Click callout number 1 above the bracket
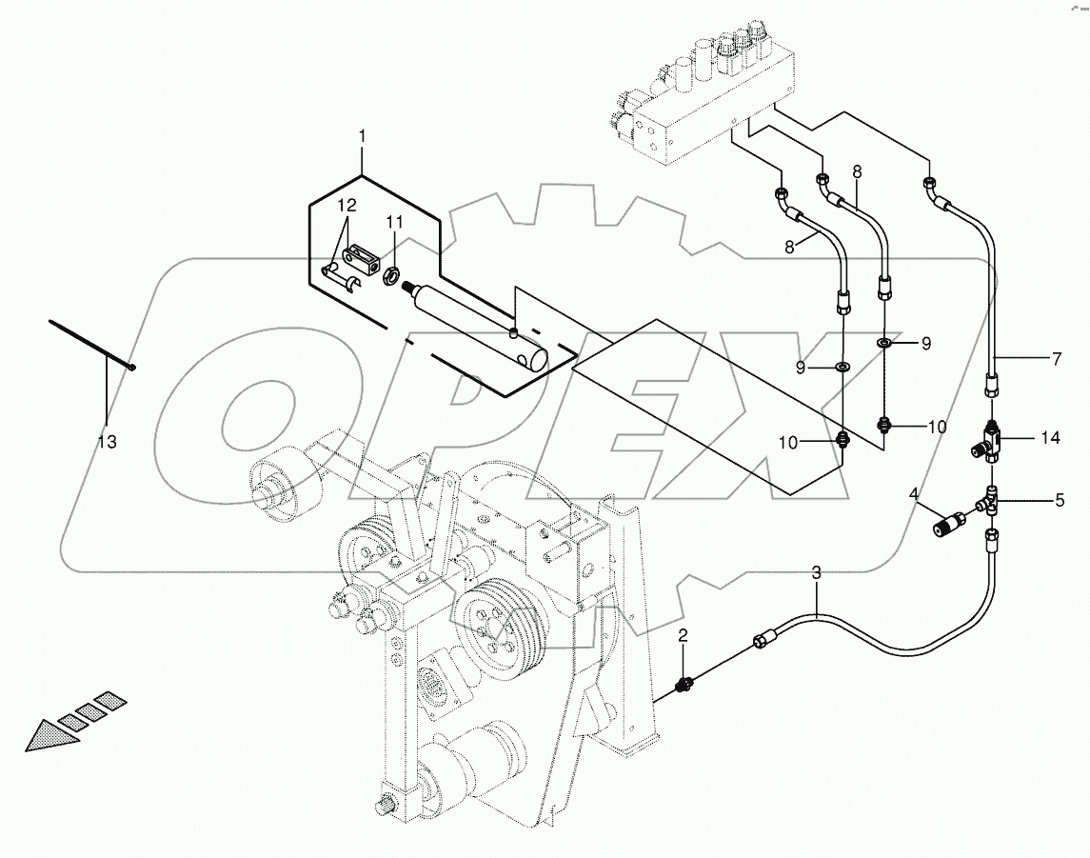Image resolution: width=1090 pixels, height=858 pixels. (x=363, y=138)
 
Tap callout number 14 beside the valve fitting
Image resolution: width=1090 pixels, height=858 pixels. (x=1049, y=438)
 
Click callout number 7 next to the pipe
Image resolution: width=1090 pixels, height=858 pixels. (x=1056, y=359)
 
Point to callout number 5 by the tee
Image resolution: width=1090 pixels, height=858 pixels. (x=1058, y=498)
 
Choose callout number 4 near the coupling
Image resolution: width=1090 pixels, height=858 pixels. (x=915, y=493)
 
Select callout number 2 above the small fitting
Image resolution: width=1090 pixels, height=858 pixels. (x=683, y=634)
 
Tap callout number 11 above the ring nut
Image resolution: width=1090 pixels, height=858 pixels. (x=395, y=222)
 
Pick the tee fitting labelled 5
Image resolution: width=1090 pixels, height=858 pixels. (x=989, y=500)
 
